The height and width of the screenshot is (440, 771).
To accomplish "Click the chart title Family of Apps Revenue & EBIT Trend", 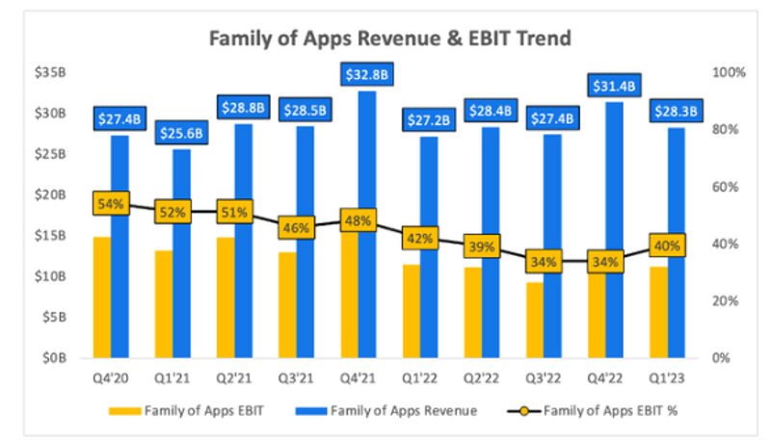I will click(390, 39).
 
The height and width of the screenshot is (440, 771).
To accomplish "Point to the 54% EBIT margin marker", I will click(110, 203).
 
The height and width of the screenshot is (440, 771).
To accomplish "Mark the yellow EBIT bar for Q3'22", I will click(533, 320).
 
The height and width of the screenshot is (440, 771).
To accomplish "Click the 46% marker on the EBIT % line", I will click(294, 227).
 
